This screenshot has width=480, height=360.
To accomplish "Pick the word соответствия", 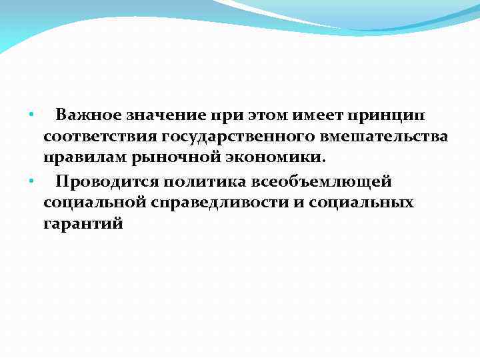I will tap(97, 137).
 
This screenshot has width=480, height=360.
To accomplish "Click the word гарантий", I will tap(83, 225).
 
